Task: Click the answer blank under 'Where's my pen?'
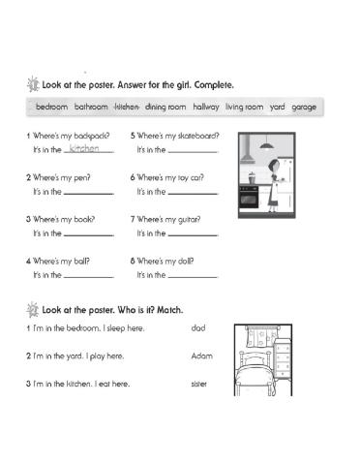pos(89,194)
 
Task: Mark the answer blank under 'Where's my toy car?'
pos(194,194)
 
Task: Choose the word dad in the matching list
pos(199,330)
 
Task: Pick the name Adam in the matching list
pos(202,356)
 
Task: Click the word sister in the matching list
pos(200,384)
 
